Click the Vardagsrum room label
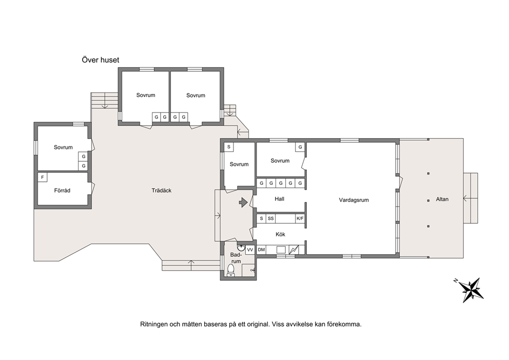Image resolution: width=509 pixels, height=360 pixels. [354, 200]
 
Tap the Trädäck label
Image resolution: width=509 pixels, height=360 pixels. [161, 191]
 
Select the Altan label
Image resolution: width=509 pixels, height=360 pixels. [442, 199]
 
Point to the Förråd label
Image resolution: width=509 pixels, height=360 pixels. [62, 191]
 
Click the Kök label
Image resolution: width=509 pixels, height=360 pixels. [280, 234]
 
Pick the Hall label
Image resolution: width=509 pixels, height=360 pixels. [280, 199]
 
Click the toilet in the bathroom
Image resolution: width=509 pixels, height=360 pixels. [231, 270]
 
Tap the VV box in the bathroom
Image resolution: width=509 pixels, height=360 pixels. [250, 250]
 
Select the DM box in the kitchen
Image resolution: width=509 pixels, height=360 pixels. [261, 250]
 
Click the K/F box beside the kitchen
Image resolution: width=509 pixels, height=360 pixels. [300, 219]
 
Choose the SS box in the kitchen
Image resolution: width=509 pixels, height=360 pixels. [271, 219]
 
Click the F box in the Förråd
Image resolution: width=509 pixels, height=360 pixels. [43, 177]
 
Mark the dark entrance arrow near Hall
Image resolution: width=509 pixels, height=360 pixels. [243, 202]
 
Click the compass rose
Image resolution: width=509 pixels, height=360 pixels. [469, 289]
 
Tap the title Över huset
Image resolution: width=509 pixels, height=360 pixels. [100, 60]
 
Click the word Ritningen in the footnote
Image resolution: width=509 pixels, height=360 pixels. [154, 324]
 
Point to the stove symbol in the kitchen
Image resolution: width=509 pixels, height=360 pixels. [294, 250]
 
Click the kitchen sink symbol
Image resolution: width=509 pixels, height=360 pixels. [281, 250]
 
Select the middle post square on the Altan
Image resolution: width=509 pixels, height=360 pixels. [428, 200]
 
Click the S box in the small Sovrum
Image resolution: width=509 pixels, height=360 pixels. [229, 147]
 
